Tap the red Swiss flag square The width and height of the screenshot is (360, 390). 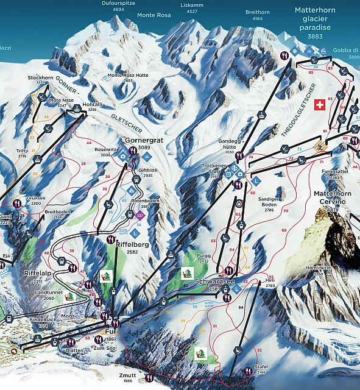[x=318, y=105]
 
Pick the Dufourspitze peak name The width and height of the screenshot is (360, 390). [x=110, y=2]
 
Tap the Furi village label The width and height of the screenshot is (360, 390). [x=111, y=331]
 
